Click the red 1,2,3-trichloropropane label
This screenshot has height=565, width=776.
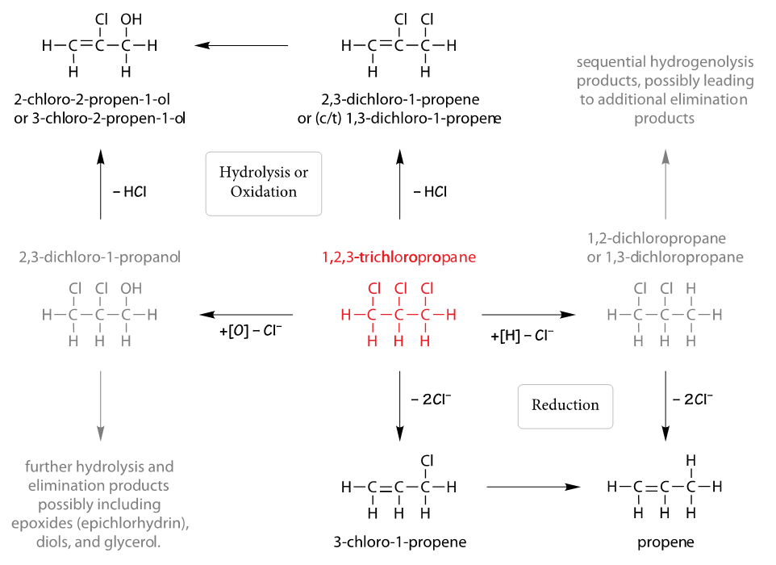398,258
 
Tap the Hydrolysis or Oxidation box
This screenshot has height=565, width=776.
264,182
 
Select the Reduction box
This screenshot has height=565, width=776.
565,404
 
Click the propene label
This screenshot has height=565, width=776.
665,542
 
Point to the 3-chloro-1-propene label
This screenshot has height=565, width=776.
399,542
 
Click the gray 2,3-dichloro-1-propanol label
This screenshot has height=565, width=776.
99,258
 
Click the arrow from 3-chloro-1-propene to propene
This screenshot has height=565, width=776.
534,487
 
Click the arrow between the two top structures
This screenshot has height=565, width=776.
242,46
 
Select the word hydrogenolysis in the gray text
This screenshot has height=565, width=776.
699,62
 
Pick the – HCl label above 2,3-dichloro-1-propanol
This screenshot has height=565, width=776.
129,192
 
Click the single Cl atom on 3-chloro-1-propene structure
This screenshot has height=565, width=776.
426,461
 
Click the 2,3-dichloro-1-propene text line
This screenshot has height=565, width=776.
399,100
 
